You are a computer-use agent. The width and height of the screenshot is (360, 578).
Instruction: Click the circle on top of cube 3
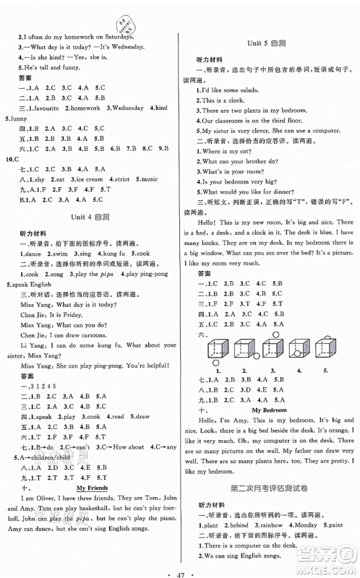click(275, 334)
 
